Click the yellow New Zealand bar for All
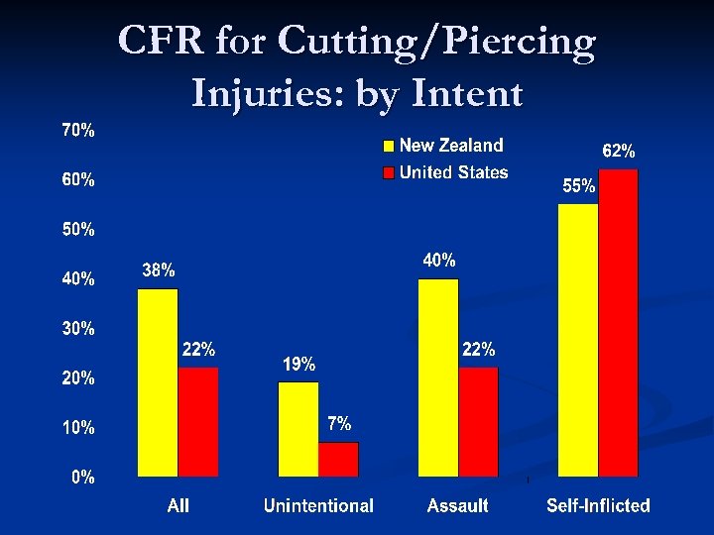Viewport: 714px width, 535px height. [158, 382]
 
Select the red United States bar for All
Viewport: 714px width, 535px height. [198, 422]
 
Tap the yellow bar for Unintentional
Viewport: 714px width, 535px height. [298, 429]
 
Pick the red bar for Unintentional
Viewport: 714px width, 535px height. [338, 459]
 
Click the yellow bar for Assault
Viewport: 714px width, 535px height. [438, 377]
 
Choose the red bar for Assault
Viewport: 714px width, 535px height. [478, 422]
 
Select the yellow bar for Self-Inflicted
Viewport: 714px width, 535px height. [578, 340]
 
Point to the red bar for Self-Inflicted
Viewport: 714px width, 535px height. [619, 323]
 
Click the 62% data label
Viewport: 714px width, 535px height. [620, 152]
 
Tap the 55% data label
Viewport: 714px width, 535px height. [579, 185]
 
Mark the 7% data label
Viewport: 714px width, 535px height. [339, 423]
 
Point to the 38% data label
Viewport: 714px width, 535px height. [159, 269]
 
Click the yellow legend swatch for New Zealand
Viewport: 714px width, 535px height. [389, 147]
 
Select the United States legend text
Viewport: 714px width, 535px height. [453, 172]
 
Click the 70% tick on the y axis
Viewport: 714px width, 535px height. [79, 131]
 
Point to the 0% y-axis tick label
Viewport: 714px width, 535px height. [83, 477]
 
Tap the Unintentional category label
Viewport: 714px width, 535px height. [318, 506]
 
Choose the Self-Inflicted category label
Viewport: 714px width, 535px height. [598, 506]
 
